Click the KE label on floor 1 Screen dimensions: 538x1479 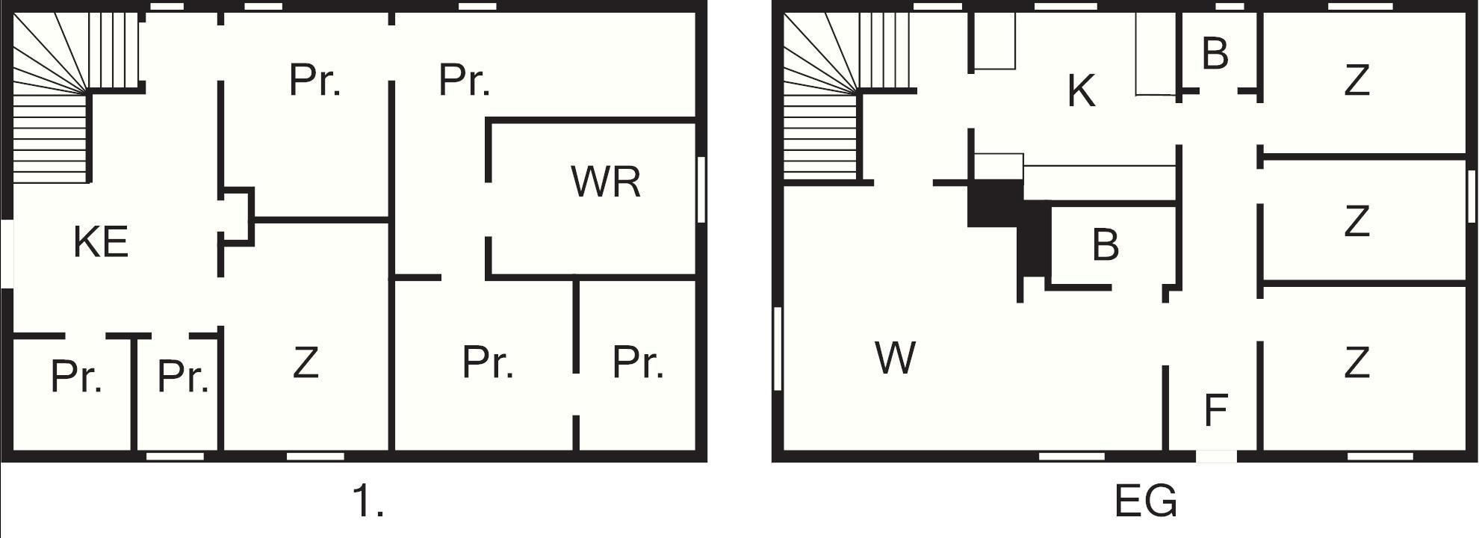pyautogui.click(x=101, y=242)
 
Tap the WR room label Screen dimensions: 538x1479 pyautogui.click(x=605, y=182)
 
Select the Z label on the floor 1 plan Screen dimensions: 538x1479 pyautogui.click(x=306, y=363)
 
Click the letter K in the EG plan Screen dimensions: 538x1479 pyautogui.click(x=1081, y=92)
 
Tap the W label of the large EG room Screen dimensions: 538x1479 pyautogui.click(x=895, y=358)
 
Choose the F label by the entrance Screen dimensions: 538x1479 pyautogui.click(x=1216, y=409)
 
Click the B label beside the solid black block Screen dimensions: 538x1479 pyautogui.click(x=1106, y=244)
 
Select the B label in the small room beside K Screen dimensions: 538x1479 pyautogui.click(x=1215, y=54)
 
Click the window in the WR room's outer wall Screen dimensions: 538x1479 pyautogui.click(x=701, y=189)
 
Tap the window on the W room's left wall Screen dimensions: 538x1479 pyautogui.click(x=778, y=348)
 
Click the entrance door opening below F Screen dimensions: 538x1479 pyautogui.click(x=1216, y=456)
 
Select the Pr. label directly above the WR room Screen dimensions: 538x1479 pyautogui.click(x=464, y=80)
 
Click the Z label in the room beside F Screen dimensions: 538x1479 pyautogui.click(x=1356, y=362)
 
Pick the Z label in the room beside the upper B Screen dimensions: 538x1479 pyautogui.click(x=1356, y=81)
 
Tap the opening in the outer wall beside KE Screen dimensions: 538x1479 pyautogui.click(x=6, y=253)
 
